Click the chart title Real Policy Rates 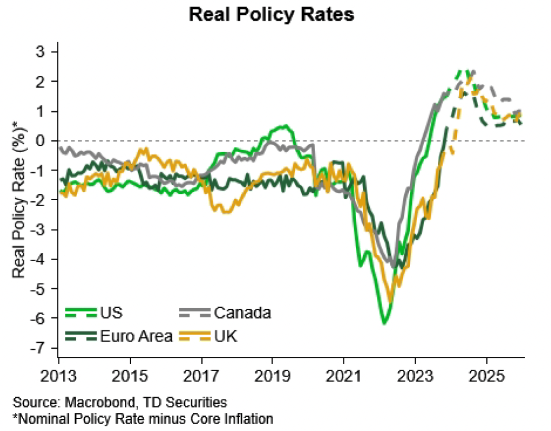pos(271,14)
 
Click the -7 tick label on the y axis pos(38,348)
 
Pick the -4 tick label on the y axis pos(38,259)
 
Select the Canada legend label pos(242,312)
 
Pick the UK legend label pos(227,336)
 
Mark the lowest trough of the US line pos(385,323)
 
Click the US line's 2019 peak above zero pos(286,126)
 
